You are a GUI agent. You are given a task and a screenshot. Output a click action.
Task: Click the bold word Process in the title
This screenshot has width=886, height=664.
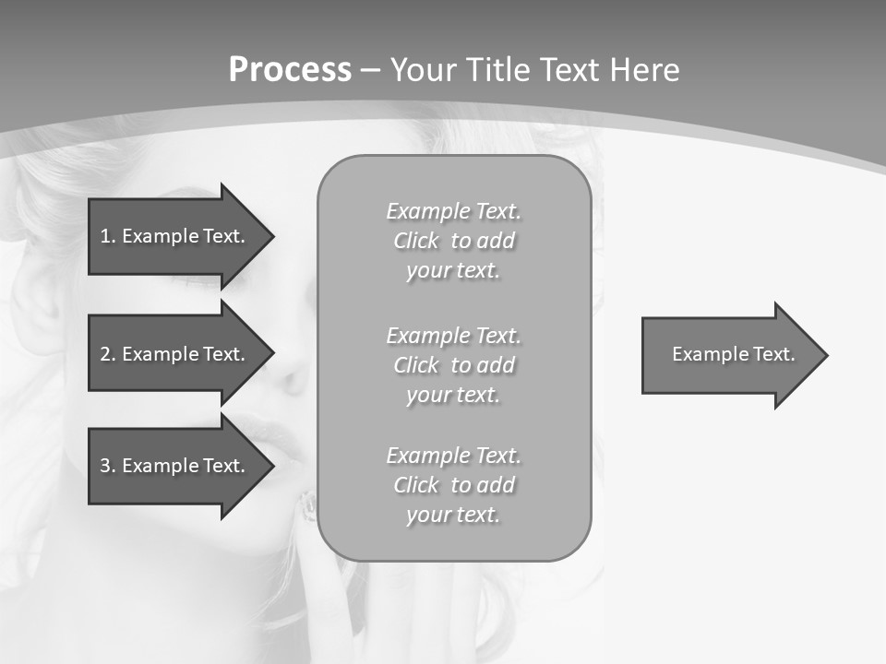pyautogui.click(x=290, y=70)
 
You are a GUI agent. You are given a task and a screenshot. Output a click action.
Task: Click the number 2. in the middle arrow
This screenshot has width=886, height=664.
pyautogui.click(x=107, y=354)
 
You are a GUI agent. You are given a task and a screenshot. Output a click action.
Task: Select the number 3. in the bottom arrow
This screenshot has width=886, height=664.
pyautogui.click(x=107, y=466)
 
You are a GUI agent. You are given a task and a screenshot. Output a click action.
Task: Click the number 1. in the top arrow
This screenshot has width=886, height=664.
pyautogui.click(x=107, y=236)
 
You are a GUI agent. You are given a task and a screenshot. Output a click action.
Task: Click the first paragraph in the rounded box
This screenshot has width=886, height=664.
pyautogui.click(x=453, y=241)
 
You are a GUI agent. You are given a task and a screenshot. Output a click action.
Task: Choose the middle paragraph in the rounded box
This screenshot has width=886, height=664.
pyautogui.click(x=453, y=365)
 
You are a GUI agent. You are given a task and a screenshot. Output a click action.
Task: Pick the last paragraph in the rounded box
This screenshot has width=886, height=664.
pyautogui.click(x=453, y=485)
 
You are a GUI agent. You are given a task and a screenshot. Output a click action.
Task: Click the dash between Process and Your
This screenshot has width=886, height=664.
pyautogui.click(x=370, y=70)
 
